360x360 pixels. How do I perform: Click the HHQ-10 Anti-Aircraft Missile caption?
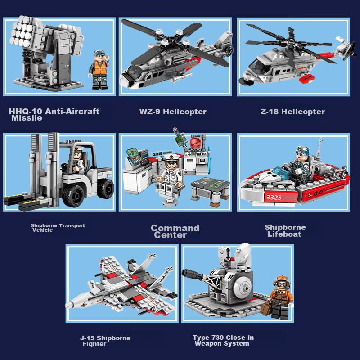click(x=54, y=114)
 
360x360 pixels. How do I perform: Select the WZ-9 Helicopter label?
click(x=173, y=112)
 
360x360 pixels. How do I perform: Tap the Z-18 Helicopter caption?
click(x=292, y=112)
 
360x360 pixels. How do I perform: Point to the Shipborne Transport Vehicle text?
click(x=57, y=228)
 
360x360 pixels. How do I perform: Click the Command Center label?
click(x=175, y=231)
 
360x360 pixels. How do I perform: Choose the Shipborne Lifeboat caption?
click(x=285, y=230)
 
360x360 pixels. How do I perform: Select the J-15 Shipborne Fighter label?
click(x=105, y=341)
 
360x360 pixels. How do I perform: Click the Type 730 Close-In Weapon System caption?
click(x=223, y=341)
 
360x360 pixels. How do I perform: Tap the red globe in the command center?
click(x=196, y=143)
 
